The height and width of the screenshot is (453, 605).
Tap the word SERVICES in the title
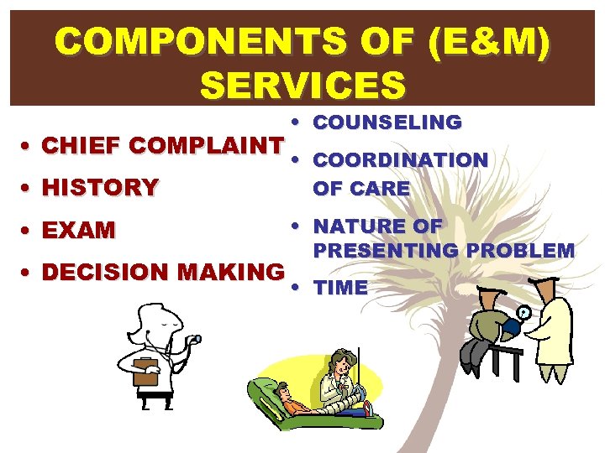pyautogui.click(x=302, y=84)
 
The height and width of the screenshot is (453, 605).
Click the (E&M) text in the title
pyautogui.click(x=489, y=42)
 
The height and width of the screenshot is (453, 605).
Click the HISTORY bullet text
pyautogui.click(x=100, y=188)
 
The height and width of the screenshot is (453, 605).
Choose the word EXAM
pyautogui.click(x=78, y=231)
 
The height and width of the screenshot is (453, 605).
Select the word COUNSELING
pyautogui.click(x=387, y=122)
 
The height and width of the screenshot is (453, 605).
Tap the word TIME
pyautogui.click(x=340, y=288)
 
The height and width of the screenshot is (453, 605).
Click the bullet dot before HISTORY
pyautogui.click(x=28, y=188)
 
